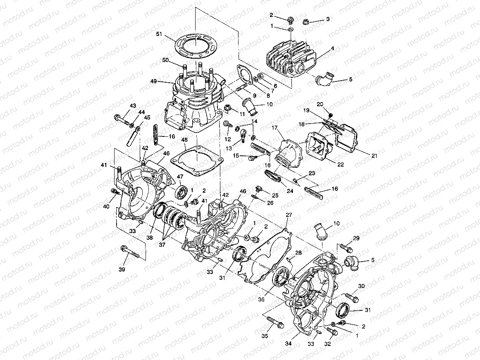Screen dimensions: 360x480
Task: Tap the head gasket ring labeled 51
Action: point(202,44)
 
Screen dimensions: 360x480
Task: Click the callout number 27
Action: point(289,215)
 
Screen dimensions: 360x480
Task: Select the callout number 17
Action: point(275,129)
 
